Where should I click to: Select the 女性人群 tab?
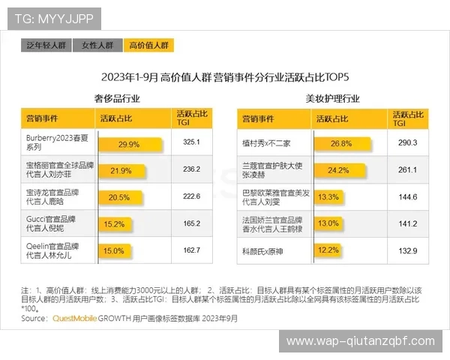coord(97,46)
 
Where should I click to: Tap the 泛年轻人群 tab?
coord(46,46)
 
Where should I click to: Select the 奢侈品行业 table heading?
coord(117,98)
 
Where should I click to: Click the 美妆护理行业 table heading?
coord(332,98)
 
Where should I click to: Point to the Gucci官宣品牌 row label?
coord(52,223)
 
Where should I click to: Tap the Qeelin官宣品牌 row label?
coord(52,250)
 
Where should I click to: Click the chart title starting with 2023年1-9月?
coord(226,77)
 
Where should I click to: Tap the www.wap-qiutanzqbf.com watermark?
coord(361,341)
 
